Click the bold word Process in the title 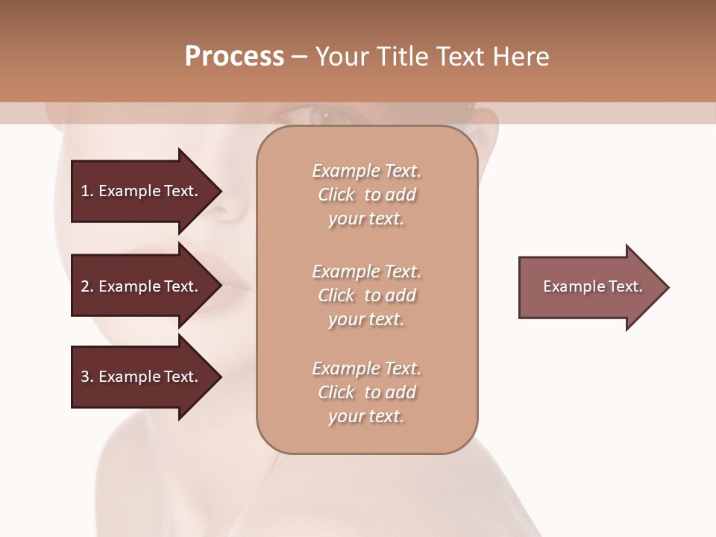(234, 57)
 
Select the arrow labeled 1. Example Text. (142, 191)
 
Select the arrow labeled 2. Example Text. (142, 286)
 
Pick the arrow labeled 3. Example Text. (142, 377)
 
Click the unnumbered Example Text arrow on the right (589, 287)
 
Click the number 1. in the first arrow (87, 191)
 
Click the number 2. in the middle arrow (87, 286)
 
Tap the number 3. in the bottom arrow (87, 377)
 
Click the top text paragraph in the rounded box (366, 195)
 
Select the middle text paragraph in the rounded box (366, 295)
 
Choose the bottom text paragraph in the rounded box (366, 392)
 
